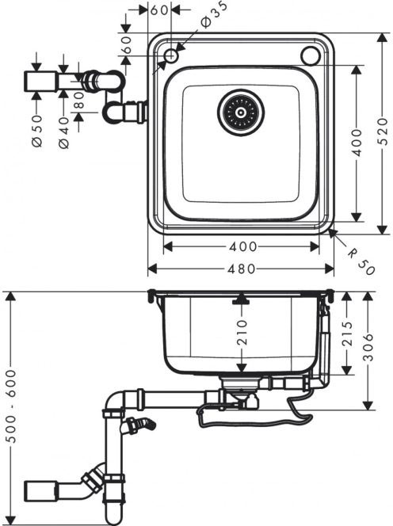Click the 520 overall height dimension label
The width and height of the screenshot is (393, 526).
tap(383, 131)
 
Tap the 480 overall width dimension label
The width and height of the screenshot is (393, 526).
tap(242, 269)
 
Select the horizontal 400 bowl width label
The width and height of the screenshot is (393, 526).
tap(243, 247)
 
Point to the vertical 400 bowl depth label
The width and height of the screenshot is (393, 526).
tap(358, 143)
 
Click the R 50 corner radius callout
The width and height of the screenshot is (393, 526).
tap(361, 261)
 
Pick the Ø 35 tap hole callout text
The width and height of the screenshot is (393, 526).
tap(214, 14)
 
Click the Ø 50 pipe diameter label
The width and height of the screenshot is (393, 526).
tap(37, 131)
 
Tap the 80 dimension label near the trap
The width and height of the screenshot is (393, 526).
tap(79, 100)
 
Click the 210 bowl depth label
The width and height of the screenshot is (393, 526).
tap(242, 333)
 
